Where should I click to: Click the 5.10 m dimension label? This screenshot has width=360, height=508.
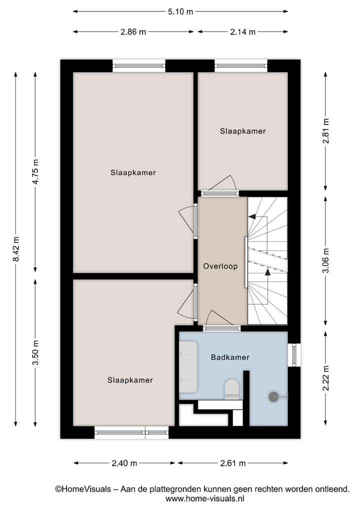(x=180, y=12)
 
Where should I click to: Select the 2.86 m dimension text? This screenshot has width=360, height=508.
(x=133, y=32)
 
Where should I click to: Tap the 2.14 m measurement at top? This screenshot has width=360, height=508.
(x=242, y=32)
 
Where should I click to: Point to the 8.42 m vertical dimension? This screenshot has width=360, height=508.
(x=16, y=249)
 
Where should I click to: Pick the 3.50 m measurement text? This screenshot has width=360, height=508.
(x=35, y=353)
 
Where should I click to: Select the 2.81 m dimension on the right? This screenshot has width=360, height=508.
(x=326, y=131)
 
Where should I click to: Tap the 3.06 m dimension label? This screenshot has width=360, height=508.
(x=326, y=261)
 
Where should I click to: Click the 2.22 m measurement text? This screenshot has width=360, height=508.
(x=326, y=379)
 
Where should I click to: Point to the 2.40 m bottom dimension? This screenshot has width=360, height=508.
(x=124, y=463)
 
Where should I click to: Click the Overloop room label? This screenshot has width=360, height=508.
(x=220, y=266)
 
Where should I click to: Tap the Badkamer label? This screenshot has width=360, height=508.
(x=230, y=358)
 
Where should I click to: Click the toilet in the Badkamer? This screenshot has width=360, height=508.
(x=232, y=389)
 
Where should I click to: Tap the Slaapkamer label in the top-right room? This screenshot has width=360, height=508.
(x=242, y=131)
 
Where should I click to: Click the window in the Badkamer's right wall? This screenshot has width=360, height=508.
(x=295, y=355)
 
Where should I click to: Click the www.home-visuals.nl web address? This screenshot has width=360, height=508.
(x=205, y=499)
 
